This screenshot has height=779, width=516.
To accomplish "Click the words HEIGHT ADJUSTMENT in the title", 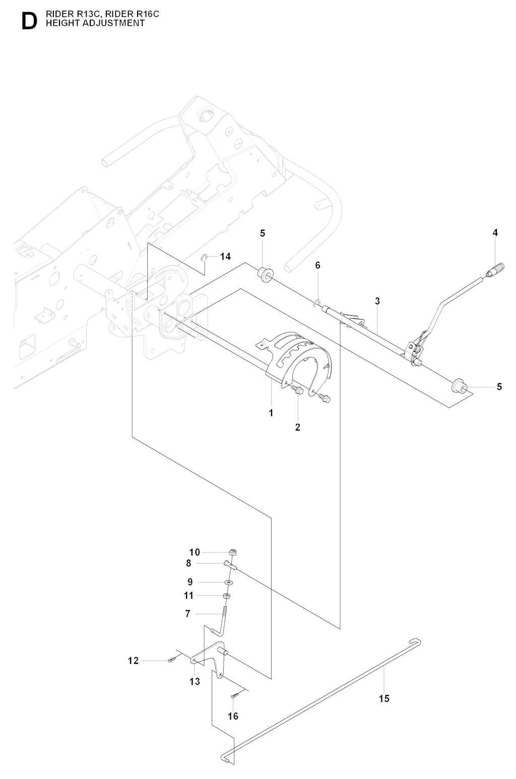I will tap(95, 23).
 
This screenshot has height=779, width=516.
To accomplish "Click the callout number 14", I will tap(225, 257).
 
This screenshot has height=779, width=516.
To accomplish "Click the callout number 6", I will tap(318, 265).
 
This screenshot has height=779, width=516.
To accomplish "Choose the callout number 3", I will tap(377, 301).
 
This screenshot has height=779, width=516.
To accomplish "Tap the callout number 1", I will tap(271, 413).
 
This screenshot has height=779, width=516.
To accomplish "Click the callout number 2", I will tap(298, 427).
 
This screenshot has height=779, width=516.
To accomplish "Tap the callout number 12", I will tap(133, 661).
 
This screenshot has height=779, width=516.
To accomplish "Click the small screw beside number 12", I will tap(172, 660).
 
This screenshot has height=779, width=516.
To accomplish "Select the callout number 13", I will tap(195, 682).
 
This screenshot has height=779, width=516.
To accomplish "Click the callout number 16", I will tap(233, 716).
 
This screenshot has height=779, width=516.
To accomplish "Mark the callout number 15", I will tap(384, 698).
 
